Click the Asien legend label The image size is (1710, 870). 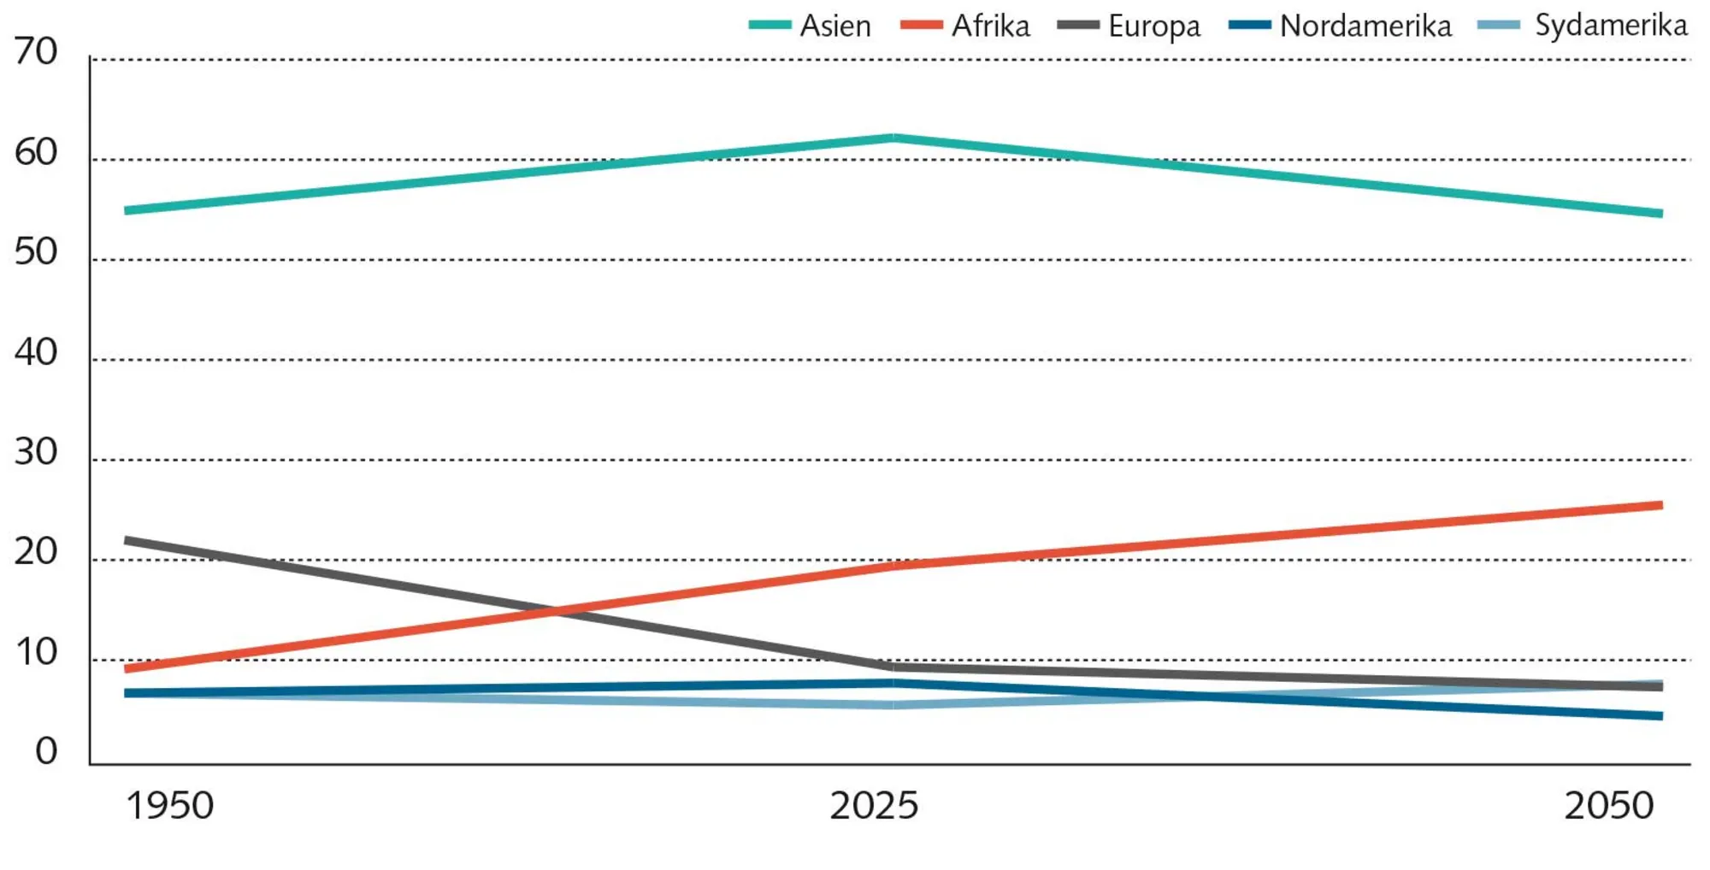[x=835, y=26]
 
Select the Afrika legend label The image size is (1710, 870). [x=990, y=26]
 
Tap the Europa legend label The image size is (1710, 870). [x=1153, y=26]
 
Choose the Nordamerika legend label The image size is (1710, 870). [x=1365, y=26]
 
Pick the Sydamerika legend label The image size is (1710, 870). [x=1611, y=26]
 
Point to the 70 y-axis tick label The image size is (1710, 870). [x=36, y=52]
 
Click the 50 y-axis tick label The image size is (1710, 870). [x=36, y=252]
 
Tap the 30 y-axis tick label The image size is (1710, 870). [x=36, y=452]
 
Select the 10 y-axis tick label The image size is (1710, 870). [x=36, y=652]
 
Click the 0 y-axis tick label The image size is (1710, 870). [x=46, y=751]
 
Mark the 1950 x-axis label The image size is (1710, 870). [x=170, y=806]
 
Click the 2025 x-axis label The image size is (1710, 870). [x=874, y=806]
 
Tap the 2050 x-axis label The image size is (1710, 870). [x=1609, y=806]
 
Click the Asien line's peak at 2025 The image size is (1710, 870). [x=893, y=138]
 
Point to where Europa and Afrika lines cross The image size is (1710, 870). [x=557, y=611]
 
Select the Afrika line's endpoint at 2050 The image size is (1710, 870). [x=1660, y=505]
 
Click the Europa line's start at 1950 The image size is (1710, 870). [x=127, y=540]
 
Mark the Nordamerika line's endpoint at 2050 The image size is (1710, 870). [x=1660, y=716]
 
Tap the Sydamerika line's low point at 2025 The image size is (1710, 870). [x=893, y=705]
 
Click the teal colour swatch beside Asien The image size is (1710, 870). [x=769, y=26]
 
